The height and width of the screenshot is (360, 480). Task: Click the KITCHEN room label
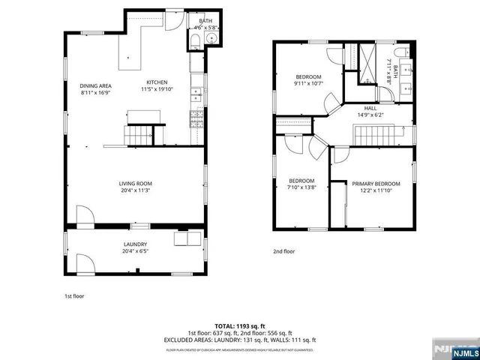click(x=157, y=82)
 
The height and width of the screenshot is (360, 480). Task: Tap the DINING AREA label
click(x=96, y=85)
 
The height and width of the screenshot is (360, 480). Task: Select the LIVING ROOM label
click(x=135, y=184)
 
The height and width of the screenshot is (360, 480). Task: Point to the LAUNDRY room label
click(x=135, y=244)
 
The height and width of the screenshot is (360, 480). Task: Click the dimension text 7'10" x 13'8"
click(x=302, y=187)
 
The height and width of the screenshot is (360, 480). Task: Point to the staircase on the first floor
click(x=139, y=136)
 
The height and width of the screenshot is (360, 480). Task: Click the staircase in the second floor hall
click(x=373, y=136)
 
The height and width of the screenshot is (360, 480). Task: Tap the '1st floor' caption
click(x=74, y=296)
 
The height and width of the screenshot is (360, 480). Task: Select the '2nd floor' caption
click(x=283, y=251)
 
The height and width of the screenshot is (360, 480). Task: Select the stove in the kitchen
click(x=196, y=116)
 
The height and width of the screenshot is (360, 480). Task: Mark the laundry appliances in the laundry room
click(x=187, y=238)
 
